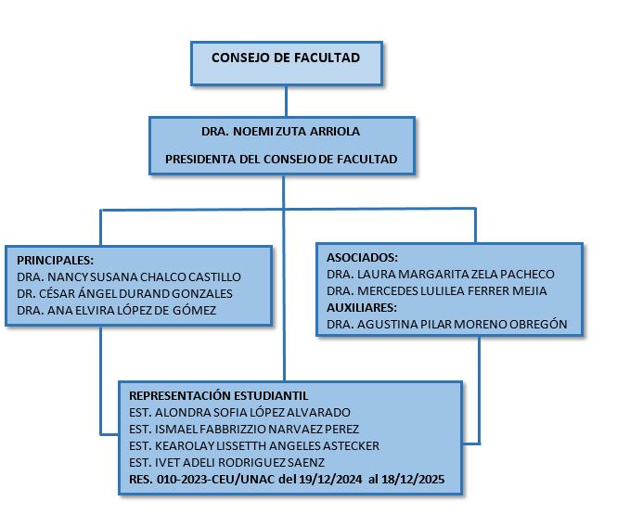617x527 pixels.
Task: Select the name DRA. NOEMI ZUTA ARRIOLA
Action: point(280,132)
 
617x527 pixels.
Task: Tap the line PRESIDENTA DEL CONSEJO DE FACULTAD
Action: point(281,160)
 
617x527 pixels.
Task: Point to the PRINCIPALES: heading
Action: point(56,260)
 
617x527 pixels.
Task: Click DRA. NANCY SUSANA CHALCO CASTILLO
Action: point(129,276)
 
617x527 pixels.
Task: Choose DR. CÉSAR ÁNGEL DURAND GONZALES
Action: point(124,293)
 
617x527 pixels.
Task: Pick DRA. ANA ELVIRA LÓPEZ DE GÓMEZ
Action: point(116,310)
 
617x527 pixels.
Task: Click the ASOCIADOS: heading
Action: point(363,257)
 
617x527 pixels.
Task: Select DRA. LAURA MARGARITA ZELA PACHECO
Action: point(441,274)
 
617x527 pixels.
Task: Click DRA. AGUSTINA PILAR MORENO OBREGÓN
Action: point(447,324)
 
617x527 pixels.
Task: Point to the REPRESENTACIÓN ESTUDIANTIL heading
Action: point(218,394)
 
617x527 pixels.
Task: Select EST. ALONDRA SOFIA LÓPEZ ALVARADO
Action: point(240,411)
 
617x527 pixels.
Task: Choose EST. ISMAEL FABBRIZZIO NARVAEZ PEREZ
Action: point(243,429)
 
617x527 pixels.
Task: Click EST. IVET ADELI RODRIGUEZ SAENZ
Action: point(226,462)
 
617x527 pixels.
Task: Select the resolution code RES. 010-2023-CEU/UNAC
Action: point(197,480)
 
